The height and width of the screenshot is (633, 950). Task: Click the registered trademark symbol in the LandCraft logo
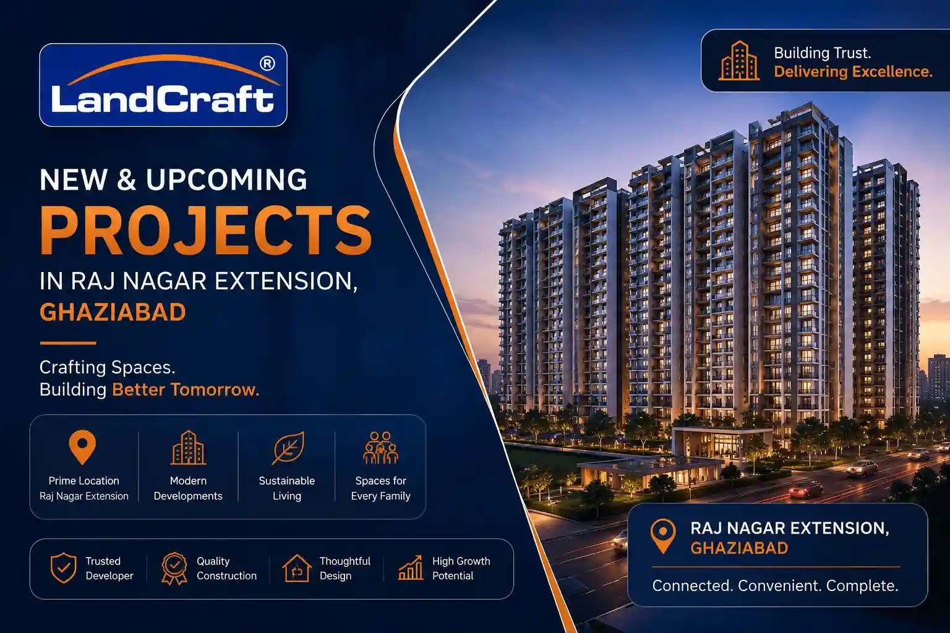(267, 64)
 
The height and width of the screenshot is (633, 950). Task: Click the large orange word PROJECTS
(206, 231)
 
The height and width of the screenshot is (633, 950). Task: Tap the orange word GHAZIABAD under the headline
(113, 312)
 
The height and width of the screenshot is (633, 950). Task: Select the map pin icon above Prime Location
(82, 447)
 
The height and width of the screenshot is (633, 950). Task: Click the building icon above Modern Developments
(188, 448)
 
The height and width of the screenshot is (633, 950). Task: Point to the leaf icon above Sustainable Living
(288, 448)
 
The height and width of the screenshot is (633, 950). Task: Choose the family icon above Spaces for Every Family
(380, 448)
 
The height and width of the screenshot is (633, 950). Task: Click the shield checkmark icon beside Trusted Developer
(63, 568)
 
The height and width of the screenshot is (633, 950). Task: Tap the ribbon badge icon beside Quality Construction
(174, 569)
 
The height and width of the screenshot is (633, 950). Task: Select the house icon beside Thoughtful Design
(297, 569)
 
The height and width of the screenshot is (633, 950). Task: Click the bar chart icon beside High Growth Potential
(410, 567)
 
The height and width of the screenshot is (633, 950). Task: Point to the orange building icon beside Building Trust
(739, 61)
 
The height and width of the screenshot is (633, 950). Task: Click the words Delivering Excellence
(854, 72)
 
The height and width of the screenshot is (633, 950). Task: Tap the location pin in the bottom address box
(663, 536)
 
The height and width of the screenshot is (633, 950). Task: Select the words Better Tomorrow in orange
(186, 389)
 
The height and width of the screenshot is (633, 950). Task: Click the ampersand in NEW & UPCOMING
(126, 180)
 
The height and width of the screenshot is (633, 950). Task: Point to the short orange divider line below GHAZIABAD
(68, 343)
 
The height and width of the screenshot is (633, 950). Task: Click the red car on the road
(805, 489)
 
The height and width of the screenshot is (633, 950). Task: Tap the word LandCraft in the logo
(163, 99)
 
